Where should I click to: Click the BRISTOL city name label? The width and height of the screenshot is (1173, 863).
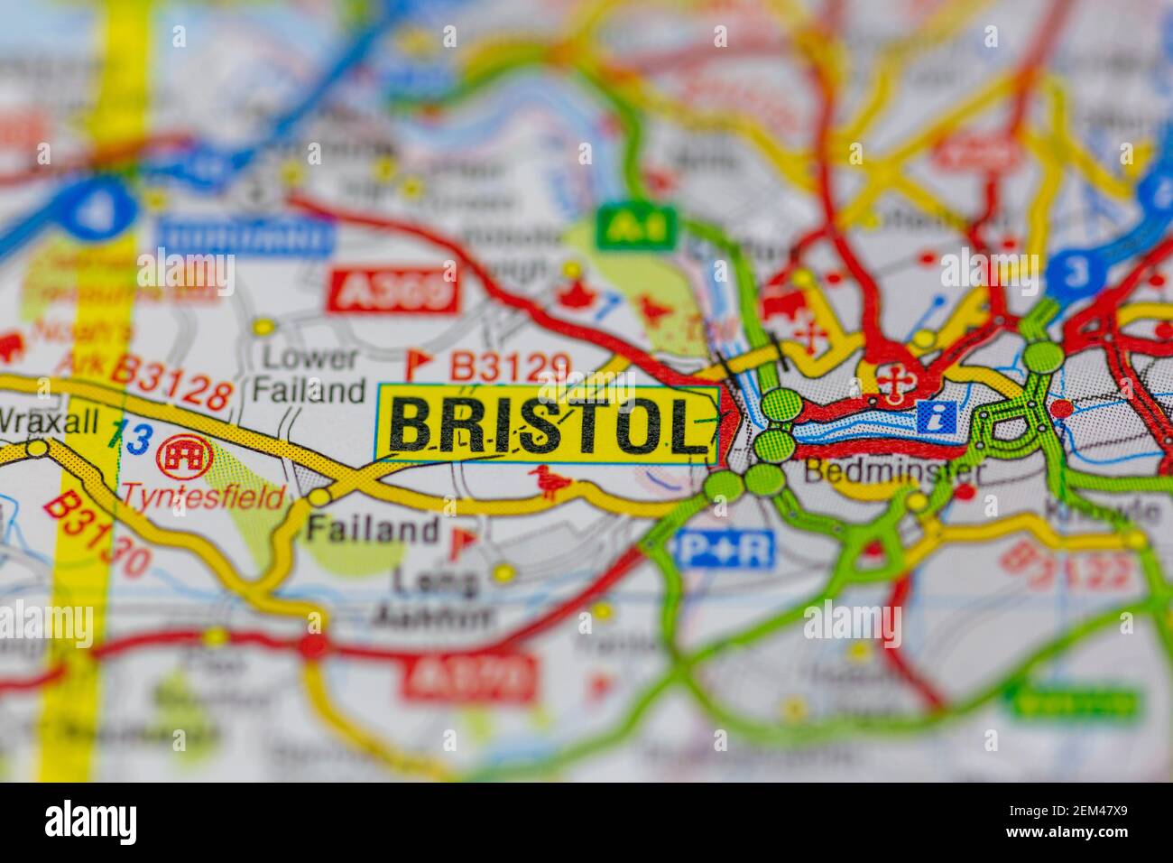coord(548,425)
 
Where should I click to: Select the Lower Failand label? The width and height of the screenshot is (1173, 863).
coord(308,374)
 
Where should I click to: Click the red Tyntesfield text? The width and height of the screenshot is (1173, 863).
coord(203,496)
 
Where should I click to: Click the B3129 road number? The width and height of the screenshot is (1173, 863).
coord(510,367)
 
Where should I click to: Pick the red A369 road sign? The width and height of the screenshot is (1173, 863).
coord(393,290)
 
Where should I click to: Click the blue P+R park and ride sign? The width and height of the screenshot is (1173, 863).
coord(724,550)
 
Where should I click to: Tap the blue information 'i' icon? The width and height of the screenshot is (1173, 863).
coord(936,416)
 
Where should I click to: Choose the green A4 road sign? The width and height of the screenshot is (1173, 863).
coord(638,227)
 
